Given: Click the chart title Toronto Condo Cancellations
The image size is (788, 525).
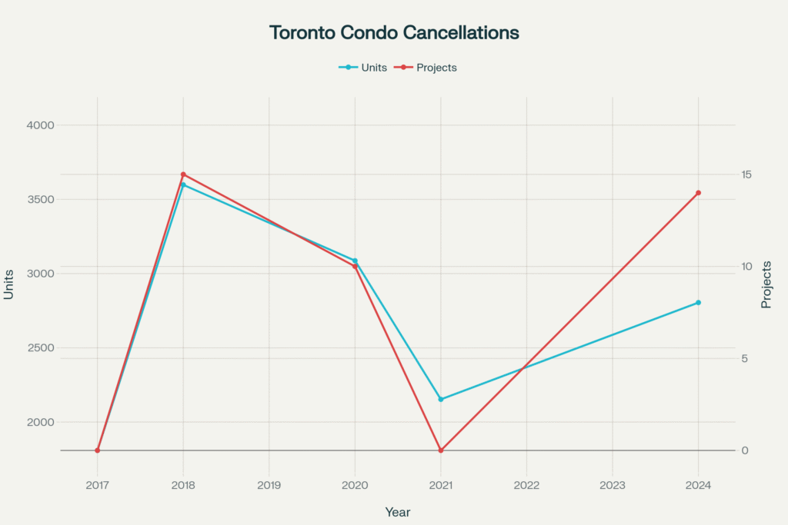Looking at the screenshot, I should [394, 33].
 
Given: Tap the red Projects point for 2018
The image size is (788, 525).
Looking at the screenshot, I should [183, 174].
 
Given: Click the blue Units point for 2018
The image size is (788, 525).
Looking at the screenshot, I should [183, 184].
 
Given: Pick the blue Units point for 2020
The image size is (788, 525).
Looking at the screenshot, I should [355, 261].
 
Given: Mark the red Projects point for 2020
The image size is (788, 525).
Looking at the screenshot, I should [355, 267].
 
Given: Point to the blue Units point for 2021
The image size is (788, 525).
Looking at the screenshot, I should [441, 400].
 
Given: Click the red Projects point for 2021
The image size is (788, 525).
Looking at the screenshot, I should [441, 450].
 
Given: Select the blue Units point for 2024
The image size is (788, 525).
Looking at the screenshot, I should [698, 303].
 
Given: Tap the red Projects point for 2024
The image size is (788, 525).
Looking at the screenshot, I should [698, 193].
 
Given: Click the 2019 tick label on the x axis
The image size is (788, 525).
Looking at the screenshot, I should [269, 485].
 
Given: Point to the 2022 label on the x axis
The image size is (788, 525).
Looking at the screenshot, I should [526, 485].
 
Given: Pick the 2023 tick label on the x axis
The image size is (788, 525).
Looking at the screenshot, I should [613, 485].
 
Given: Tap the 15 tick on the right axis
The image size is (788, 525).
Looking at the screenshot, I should [747, 174].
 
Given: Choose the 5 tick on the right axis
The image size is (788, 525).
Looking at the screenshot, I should [744, 359].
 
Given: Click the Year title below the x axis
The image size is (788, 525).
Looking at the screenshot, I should [398, 512].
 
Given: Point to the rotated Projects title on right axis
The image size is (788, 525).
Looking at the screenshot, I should [766, 284].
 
